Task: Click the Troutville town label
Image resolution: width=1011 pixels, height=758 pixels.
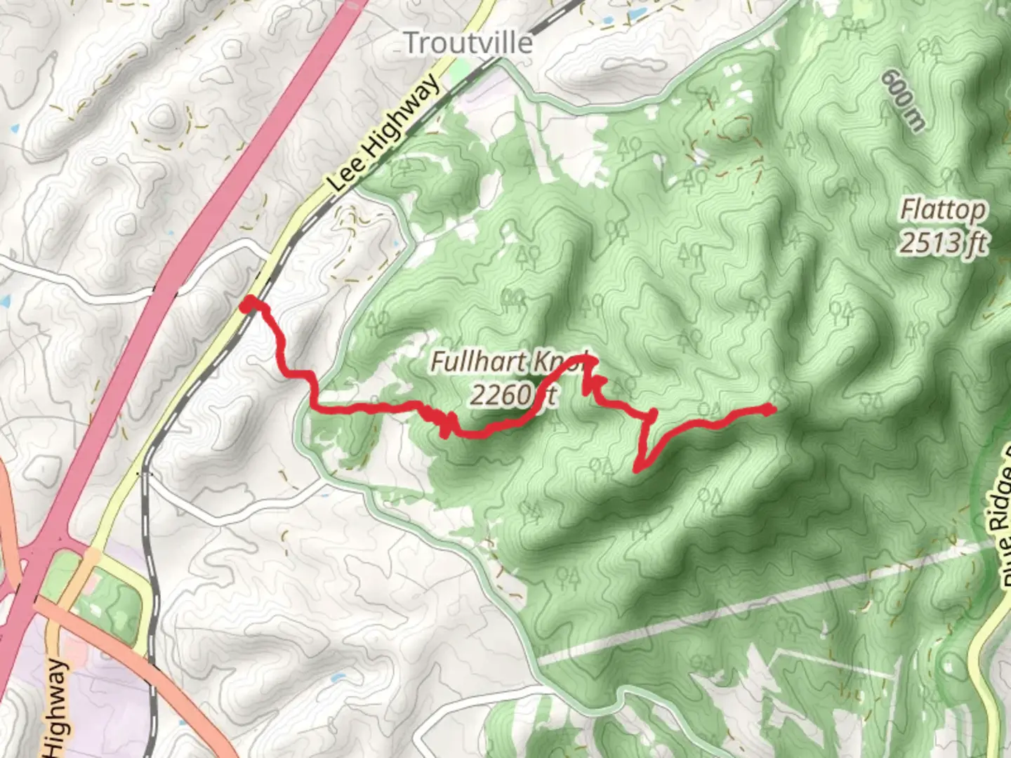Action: tap(468, 44)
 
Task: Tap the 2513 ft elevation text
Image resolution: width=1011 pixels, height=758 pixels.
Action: tap(944, 243)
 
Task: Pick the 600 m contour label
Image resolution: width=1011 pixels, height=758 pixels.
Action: tap(904, 100)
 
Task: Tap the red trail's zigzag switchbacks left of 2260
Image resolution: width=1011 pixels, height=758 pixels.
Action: tap(445, 423)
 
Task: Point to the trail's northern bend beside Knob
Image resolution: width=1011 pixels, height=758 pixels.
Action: tap(588, 362)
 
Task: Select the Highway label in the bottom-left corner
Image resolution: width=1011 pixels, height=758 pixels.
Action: tap(58, 709)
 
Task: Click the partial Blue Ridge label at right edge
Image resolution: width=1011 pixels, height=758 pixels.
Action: tap(998, 519)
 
